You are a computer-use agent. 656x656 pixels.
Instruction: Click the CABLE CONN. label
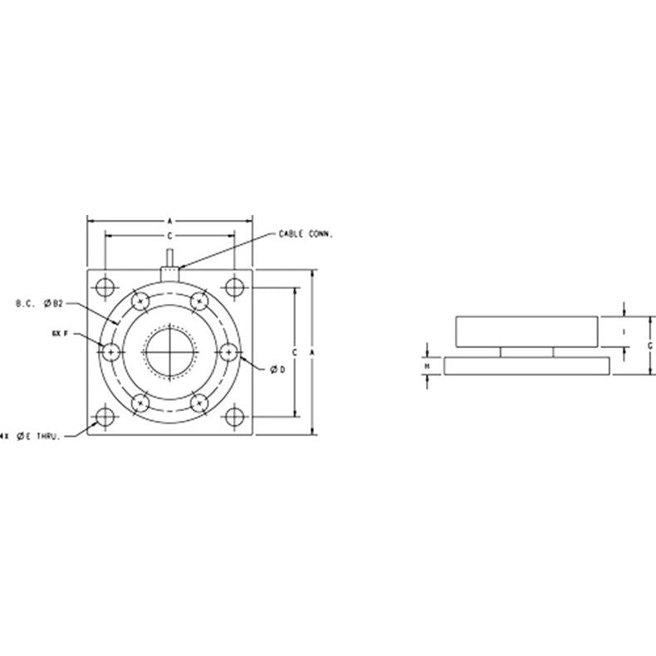pos(305,234)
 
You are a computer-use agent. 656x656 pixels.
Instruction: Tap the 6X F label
pos(57,333)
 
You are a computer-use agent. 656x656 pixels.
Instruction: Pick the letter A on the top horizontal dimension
pos(169,222)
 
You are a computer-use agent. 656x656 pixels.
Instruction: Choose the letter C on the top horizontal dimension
pos(169,237)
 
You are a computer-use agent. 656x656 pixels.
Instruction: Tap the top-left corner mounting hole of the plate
pos(105,287)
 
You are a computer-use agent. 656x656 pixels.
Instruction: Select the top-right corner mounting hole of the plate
pos(234,287)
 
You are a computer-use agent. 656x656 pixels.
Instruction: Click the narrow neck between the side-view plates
pos(526,352)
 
